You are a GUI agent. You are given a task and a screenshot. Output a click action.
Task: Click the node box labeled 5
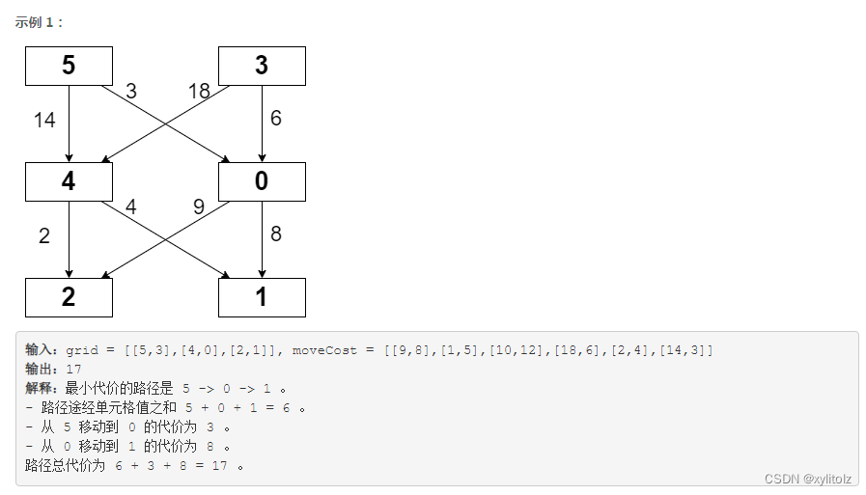point(69,66)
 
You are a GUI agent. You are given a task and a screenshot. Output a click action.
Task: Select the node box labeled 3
point(262,66)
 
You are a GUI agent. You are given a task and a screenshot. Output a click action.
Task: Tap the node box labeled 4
point(69,181)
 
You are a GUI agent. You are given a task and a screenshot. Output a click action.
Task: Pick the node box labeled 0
point(262,181)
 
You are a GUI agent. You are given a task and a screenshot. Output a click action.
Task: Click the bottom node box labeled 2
point(69,297)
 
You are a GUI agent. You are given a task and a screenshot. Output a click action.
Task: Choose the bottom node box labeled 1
point(262,297)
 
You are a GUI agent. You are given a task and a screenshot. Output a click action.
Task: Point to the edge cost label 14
point(44,121)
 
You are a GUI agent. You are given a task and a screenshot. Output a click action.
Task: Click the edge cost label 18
point(199,92)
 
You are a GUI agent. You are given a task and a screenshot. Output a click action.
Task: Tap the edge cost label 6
point(276,119)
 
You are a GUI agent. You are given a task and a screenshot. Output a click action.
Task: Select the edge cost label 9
point(199,206)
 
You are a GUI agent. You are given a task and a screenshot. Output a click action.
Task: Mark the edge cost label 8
point(276,234)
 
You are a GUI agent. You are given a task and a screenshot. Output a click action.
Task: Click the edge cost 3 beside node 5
point(131,92)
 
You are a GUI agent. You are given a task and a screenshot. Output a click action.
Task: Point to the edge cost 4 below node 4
point(131,206)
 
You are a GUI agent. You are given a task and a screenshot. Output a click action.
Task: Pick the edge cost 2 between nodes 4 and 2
point(44,236)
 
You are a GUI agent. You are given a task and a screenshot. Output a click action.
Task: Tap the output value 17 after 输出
point(73,369)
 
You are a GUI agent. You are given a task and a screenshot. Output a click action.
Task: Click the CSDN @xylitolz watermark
point(807,479)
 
